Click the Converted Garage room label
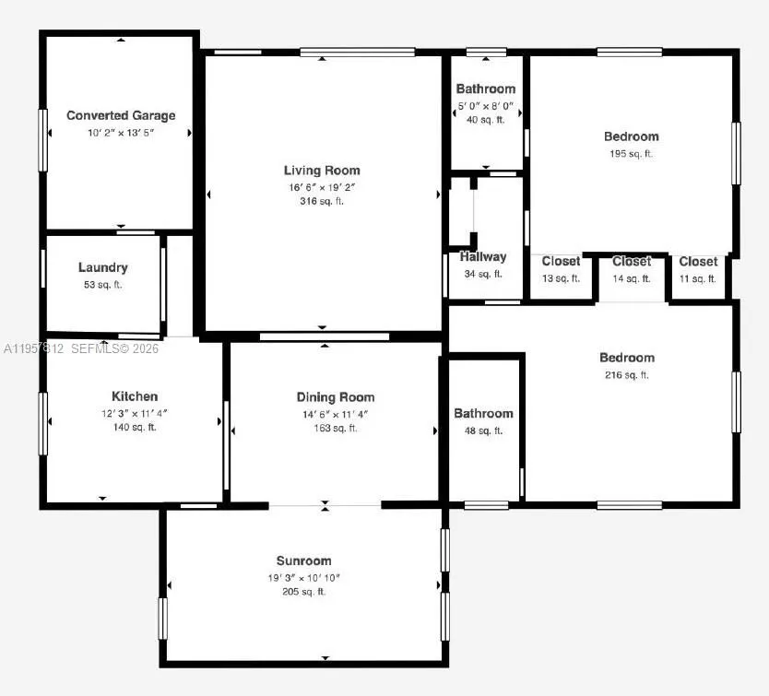[x=121, y=116]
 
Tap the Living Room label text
[x=322, y=171]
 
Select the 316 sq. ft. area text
[x=322, y=201]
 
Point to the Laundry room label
[x=103, y=267]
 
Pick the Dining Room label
[x=336, y=397]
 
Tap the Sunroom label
[x=303, y=560]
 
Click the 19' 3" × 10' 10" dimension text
[x=303, y=577]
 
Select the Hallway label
[x=483, y=257]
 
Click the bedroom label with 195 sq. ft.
[x=632, y=137]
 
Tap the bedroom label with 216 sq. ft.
[x=627, y=358]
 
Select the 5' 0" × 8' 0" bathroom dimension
[x=485, y=105]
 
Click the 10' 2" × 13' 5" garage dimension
[x=121, y=133]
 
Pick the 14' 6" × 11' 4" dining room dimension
[x=336, y=413]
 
